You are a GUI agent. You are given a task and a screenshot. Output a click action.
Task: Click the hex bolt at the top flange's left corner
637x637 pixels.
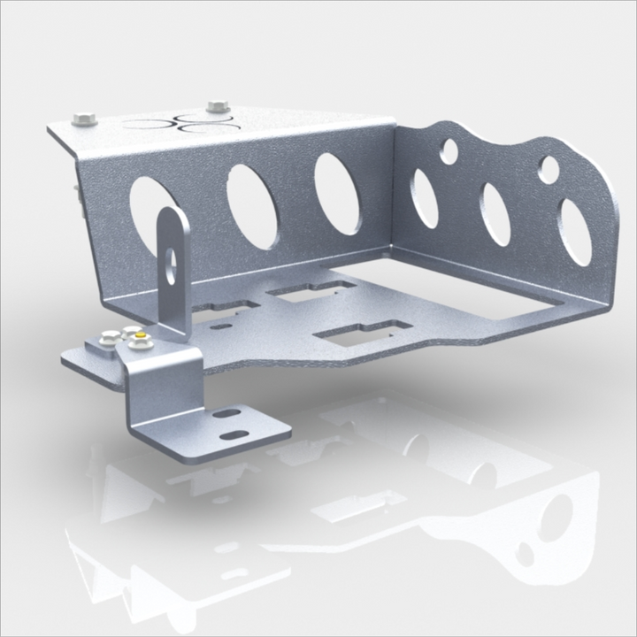coord(83,117)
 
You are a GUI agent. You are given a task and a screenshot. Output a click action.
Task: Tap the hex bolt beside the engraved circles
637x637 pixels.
coord(218,107)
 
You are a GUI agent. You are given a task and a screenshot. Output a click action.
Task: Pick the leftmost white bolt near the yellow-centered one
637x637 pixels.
coord(109,335)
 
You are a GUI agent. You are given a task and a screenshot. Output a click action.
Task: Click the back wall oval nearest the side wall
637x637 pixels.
coord(337,195)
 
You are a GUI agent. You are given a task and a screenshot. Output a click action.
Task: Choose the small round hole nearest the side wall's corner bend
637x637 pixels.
coord(449,152)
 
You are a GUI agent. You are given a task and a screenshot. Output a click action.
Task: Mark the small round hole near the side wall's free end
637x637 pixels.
coord(549,169)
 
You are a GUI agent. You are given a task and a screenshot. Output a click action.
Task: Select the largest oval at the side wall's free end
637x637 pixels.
coord(576,232)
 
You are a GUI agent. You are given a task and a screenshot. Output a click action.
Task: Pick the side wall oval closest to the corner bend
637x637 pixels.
coord(426,197)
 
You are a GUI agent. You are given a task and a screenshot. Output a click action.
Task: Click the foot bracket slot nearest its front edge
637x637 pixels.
coord(235,434)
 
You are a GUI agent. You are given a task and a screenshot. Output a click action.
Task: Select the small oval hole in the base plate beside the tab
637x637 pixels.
coord(221,326)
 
